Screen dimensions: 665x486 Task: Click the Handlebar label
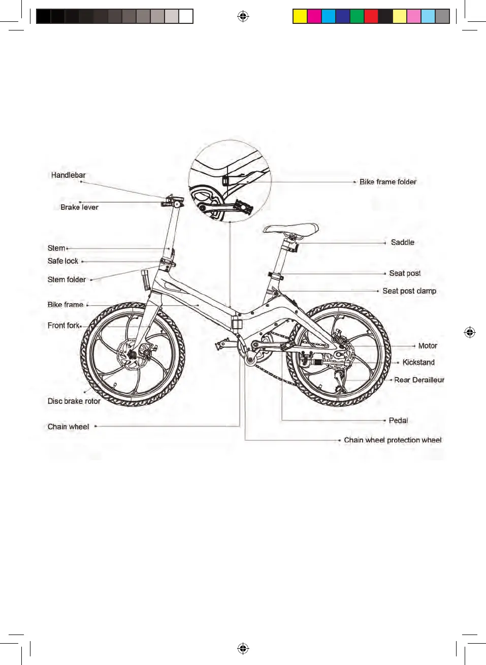68,175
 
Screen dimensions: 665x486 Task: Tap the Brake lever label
79,207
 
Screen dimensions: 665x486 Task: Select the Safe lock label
63,261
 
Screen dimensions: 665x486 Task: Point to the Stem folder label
67,280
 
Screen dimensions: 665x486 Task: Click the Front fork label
63,326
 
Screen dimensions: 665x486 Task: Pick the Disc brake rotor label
74,401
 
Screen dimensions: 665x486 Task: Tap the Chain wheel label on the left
68,427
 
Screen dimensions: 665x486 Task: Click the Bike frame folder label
387,182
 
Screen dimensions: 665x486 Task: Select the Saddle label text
402,243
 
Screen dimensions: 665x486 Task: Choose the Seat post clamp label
409,291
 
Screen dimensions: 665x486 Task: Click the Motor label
428,346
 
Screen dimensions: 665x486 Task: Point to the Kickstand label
418,363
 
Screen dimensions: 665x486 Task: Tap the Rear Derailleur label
419,380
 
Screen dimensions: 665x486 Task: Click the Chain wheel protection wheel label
393,440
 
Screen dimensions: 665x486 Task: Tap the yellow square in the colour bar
300,17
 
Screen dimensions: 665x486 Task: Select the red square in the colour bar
371,17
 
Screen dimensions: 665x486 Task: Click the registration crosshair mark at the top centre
243,17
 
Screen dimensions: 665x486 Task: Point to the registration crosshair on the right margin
470,333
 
